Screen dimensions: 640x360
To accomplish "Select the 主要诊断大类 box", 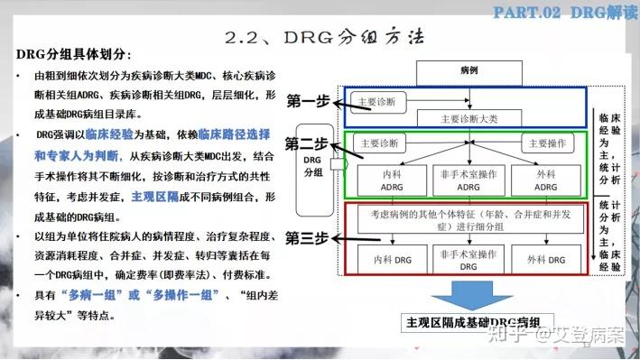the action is click(x=468, y=117).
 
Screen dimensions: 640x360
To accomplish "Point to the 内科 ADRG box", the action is click(x=394, y=180).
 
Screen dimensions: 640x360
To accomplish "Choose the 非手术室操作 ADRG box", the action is click(x=468, y=180).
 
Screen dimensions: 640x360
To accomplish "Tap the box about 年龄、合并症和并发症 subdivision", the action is click(x=468, y=221).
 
